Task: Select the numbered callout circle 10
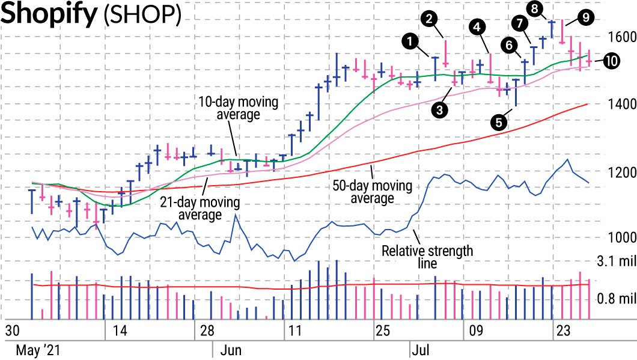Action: coord(612,61)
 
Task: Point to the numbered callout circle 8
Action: coord(534,8)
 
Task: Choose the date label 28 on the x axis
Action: coord(207,331)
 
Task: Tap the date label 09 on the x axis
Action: coord(476,331)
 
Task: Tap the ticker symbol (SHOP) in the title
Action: coord(142,16)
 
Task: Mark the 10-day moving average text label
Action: coord(238,108)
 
